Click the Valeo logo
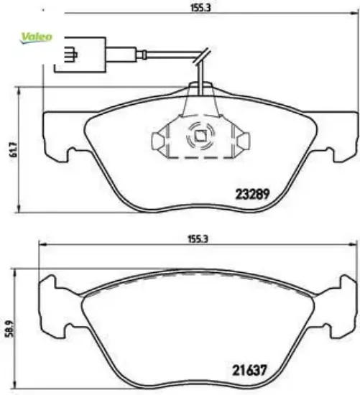[x=37, y=37]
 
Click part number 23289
[x=252, y=194]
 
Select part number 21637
[x=249, y=370]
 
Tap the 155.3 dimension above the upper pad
[x=200, y=8]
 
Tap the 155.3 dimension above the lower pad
[x=198, y=238]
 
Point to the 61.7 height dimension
[x=14, y=149]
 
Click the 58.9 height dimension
[x=11, y=328]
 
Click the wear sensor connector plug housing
[x=80, y=55]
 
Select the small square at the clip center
[x=200, y=136]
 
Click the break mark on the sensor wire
[x=202, y=56]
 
